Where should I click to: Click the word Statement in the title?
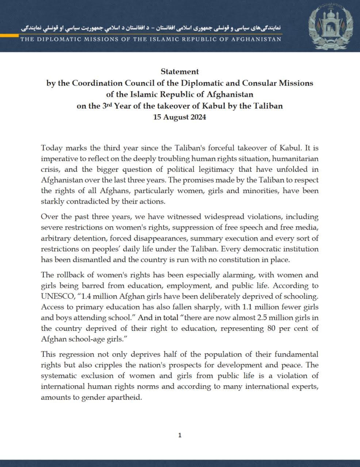pos(180,72)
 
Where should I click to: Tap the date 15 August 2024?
pos(180,117)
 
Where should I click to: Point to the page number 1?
pos(180,435)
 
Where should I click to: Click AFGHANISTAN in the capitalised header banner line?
pos(258,39)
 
